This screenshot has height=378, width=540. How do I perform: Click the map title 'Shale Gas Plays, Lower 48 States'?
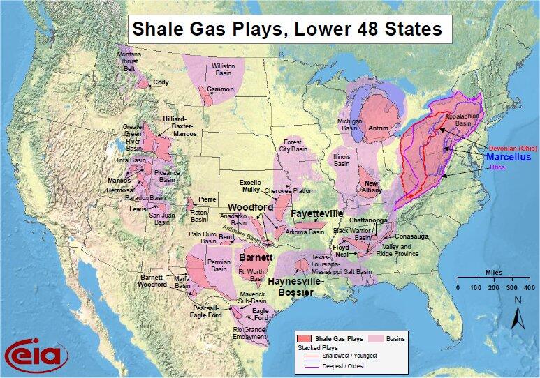point(287,29)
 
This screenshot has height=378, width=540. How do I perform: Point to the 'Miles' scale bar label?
point(493,273)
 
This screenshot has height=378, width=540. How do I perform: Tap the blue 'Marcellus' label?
point(509,158)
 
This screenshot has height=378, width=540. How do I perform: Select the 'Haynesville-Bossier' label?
point(301,287)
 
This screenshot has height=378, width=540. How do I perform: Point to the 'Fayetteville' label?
point(317,213)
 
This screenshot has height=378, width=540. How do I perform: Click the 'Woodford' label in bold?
point(249,207)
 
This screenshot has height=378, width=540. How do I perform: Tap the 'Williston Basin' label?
point(224,69)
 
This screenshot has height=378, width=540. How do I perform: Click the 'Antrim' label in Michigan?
point(378,128)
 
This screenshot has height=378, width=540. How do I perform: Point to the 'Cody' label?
point(161,82)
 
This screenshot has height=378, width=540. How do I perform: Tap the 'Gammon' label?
point(220,89)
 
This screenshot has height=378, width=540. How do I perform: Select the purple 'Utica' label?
point(497,168)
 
